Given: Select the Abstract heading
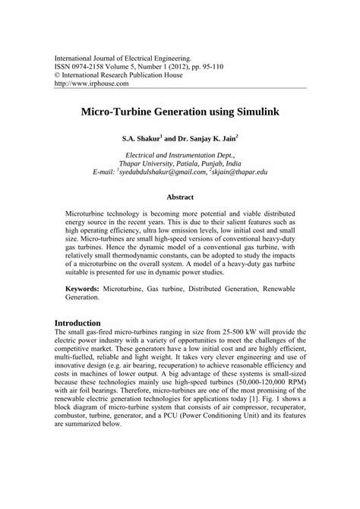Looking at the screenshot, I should pos(180,196).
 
